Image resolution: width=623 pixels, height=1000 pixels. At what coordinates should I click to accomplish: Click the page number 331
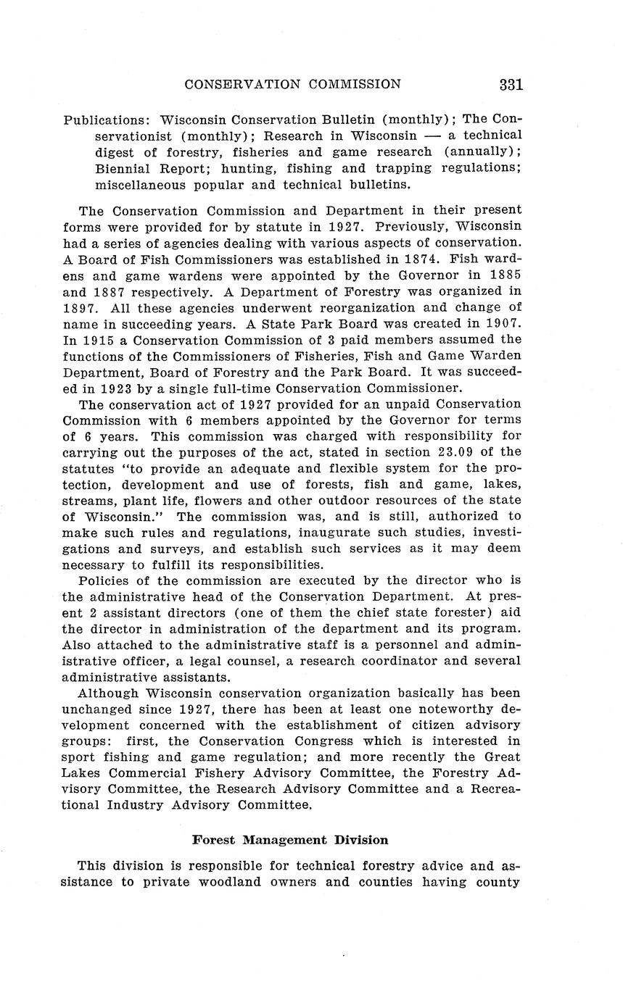[511, 85]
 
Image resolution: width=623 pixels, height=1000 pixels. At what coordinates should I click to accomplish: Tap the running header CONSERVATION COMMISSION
[292, 84]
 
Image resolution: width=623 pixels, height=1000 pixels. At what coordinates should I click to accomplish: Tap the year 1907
[500, 323]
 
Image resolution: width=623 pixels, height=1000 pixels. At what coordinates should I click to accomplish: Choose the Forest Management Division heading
[290, 840]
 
